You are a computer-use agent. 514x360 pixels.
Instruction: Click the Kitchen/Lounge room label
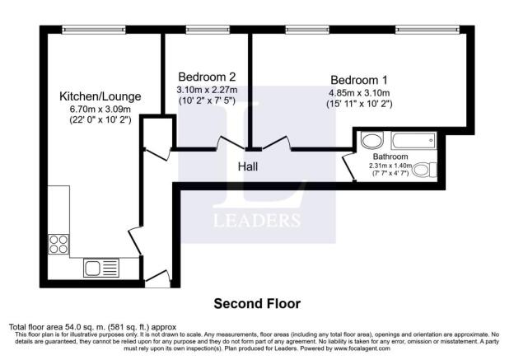tap(100, 96)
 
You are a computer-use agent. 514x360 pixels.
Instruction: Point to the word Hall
tap(248, 166)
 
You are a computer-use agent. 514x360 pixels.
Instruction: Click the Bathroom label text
tap(390, 157)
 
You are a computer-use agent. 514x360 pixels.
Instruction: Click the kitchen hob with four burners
tap(58, 244)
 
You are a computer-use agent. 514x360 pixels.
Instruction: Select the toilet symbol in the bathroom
tap(422, 171)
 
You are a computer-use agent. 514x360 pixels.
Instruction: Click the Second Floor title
tap(257, 303)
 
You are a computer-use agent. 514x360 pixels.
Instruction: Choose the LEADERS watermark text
tap(257, 220)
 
